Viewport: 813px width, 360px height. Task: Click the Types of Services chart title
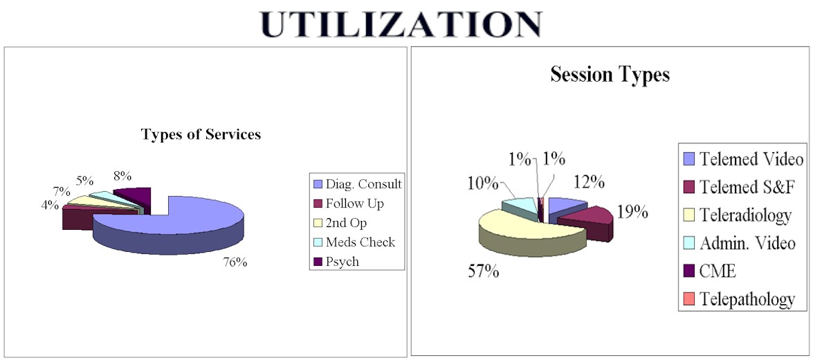(201, 134)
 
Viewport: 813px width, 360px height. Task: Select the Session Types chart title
(610, 75)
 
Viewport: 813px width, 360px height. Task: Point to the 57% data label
(482, 270)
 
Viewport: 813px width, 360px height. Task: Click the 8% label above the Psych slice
(122, 176)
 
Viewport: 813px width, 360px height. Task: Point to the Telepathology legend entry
(747, 299)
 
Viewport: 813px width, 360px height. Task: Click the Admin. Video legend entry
(746, 243)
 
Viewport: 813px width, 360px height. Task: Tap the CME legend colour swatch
(688, 271)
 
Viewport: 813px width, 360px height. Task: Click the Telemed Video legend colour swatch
(688, 160)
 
